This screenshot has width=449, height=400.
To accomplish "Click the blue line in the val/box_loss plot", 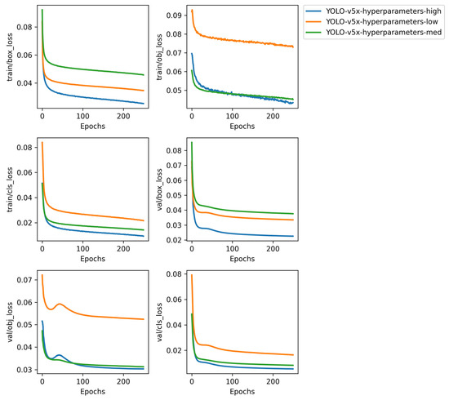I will (x=245, y=234).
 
